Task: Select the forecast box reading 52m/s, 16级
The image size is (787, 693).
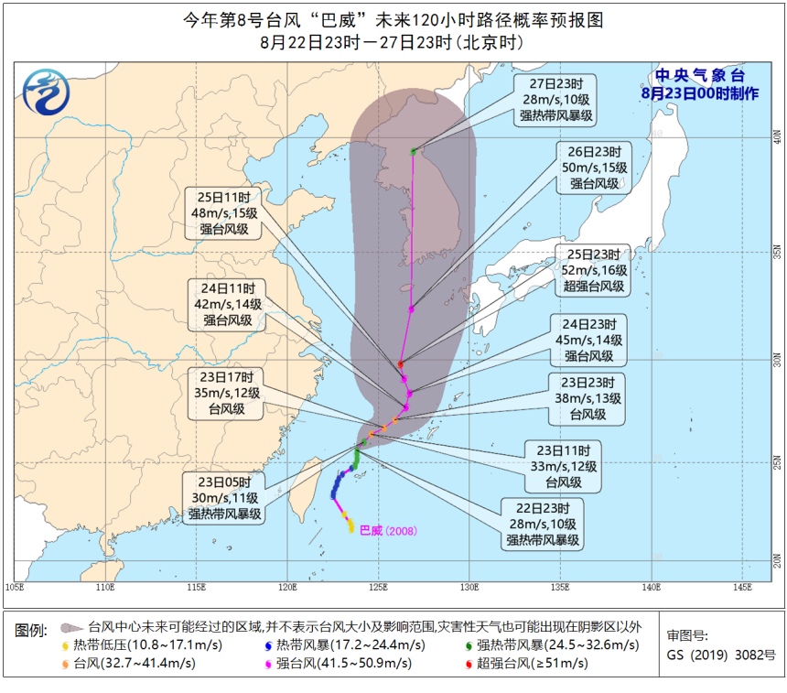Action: coord(596,271)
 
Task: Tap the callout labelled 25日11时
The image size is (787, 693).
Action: coord(224,213)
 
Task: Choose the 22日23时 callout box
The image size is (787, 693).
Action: coord(543,524)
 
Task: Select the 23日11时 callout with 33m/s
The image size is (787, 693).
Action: coord(564,466)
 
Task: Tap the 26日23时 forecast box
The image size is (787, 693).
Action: coord(595,168)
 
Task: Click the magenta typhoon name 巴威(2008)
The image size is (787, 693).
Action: coord(389,530)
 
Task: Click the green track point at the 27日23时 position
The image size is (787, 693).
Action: coord(414,151)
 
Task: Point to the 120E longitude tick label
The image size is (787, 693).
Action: coord(287,587)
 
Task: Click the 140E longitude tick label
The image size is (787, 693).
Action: coord(652,587)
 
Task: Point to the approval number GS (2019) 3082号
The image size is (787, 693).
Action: coord(721,655)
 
